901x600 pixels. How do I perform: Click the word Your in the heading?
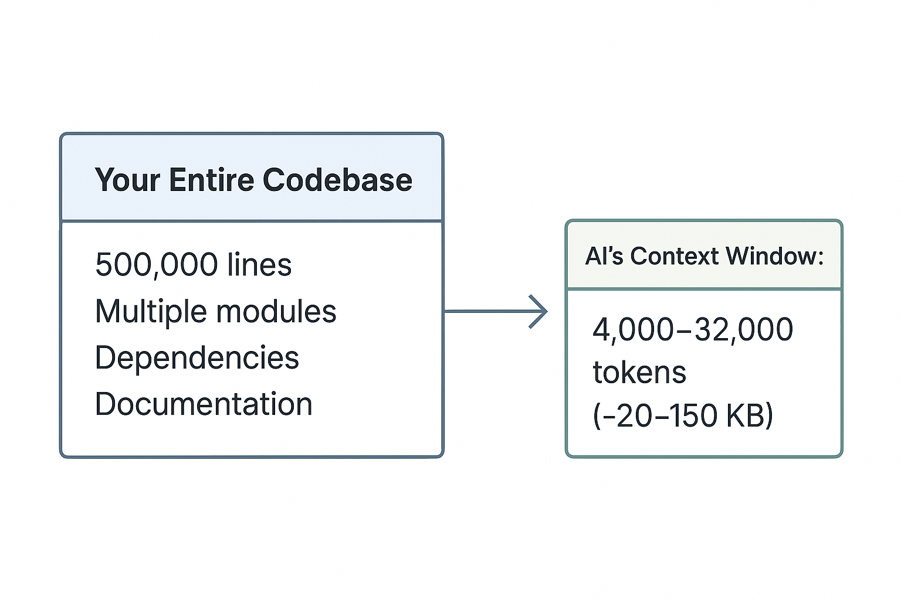click(127, 180)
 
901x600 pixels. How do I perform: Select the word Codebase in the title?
click(337, 180)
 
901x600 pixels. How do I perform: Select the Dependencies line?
click(197, 358)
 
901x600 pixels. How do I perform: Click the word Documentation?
click(203, 405)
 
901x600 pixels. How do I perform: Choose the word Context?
click(674, 257)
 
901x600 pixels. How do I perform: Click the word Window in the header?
click(773, 257)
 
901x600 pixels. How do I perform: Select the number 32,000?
click(744, 330)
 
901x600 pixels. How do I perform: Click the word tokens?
click(639, 373)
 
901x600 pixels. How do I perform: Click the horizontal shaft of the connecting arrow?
click(487, 312)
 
